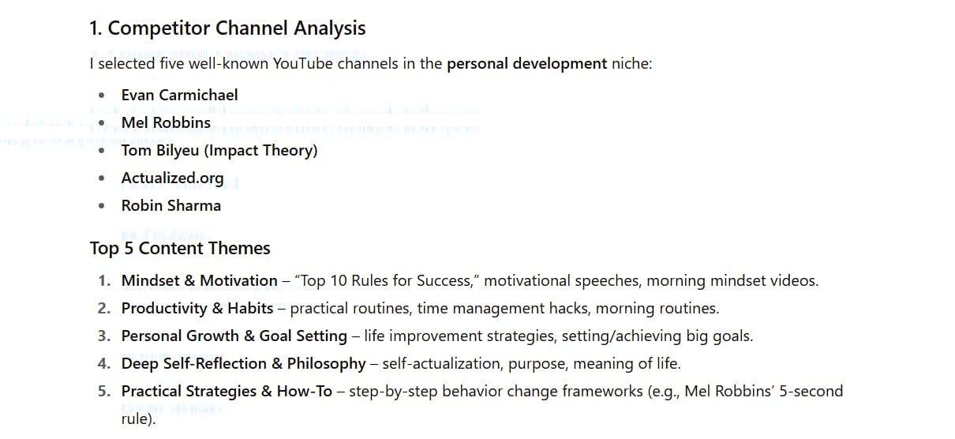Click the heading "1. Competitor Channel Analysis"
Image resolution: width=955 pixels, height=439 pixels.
click(x=227, y=28)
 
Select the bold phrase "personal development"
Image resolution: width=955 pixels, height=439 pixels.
click(x=526, y=64)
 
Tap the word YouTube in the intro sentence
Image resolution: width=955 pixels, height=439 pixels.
click(x=303, y=64)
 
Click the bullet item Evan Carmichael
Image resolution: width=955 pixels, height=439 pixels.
click(x=179, y=95)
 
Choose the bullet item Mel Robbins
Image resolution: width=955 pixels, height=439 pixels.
click(x=166, y=123)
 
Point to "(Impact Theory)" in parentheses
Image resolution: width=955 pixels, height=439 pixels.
click(x=261, y=151)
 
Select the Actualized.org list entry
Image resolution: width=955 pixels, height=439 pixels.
click(x=173, y=178)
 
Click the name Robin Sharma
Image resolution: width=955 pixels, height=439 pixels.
click(x=171, y=205)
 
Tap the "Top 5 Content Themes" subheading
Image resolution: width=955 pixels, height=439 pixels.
click(x=180, y=248)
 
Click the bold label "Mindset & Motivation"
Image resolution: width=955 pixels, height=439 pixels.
click(x=200, y=281)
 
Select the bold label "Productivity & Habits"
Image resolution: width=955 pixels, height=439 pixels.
click(x=197, y=309)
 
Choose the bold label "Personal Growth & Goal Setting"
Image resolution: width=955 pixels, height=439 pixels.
click(x=234, y=336)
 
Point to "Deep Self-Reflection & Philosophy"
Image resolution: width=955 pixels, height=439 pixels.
click(x=243, y=364)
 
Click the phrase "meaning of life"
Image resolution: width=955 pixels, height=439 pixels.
click(x=627, y=364)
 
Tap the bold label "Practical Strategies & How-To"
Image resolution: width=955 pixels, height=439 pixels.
click(x=227, y=392)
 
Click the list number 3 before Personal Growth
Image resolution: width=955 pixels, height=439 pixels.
click(x=103, y=336)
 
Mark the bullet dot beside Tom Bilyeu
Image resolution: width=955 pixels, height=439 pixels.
click(x=102, y=151)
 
